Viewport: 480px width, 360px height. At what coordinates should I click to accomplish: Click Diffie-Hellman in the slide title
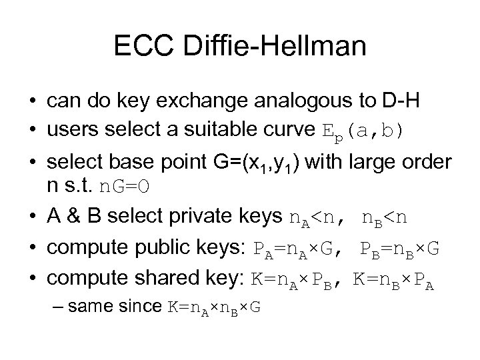271,46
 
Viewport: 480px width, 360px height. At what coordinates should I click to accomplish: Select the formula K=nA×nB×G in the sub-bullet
214,308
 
